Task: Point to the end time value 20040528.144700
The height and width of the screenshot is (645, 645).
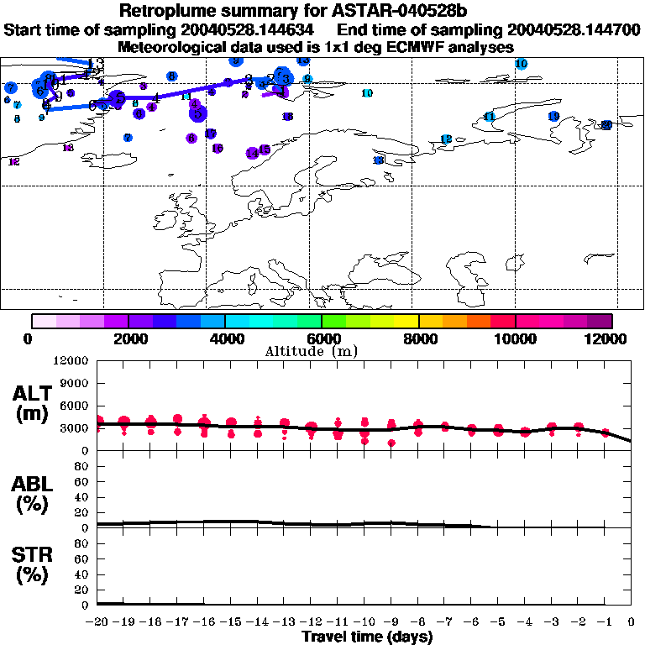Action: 567,30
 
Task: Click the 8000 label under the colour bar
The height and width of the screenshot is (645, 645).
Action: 418,338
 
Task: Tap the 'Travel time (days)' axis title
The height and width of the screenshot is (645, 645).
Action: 366,637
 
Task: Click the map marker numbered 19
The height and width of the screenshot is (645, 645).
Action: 553,116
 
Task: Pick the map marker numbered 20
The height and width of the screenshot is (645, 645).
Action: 606,125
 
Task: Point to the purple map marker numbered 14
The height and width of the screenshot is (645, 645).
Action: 252,153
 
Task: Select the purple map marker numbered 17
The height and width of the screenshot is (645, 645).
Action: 211,134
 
